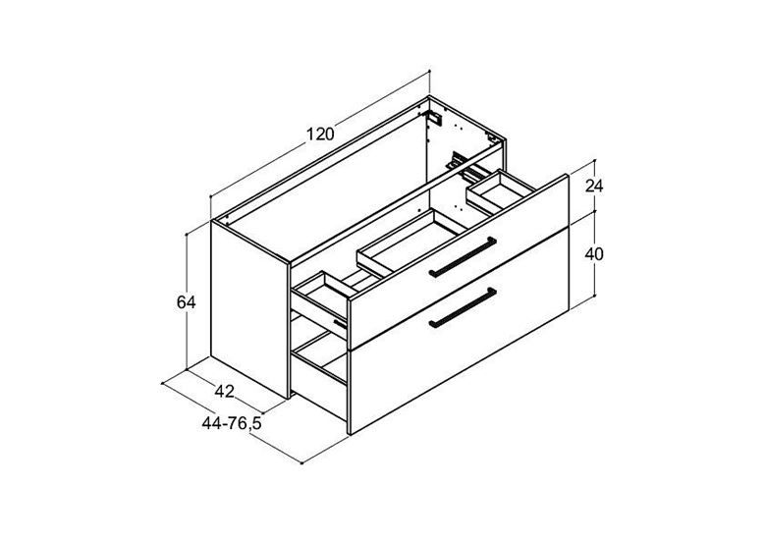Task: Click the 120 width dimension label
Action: (x=320, y=134)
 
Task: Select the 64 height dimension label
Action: (x=187, y=302)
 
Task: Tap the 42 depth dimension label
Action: (x=224, y=391)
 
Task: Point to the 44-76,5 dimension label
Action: (x=232, y=423)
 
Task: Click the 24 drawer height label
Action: (x=594, y=186)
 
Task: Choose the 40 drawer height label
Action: (x=594, y=254)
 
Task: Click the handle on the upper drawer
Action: (x=463, y=257)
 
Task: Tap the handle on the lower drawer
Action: (x=463, y=307)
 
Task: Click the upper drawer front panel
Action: (x=459, y=262)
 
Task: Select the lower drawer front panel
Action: (x=460, y=332)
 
